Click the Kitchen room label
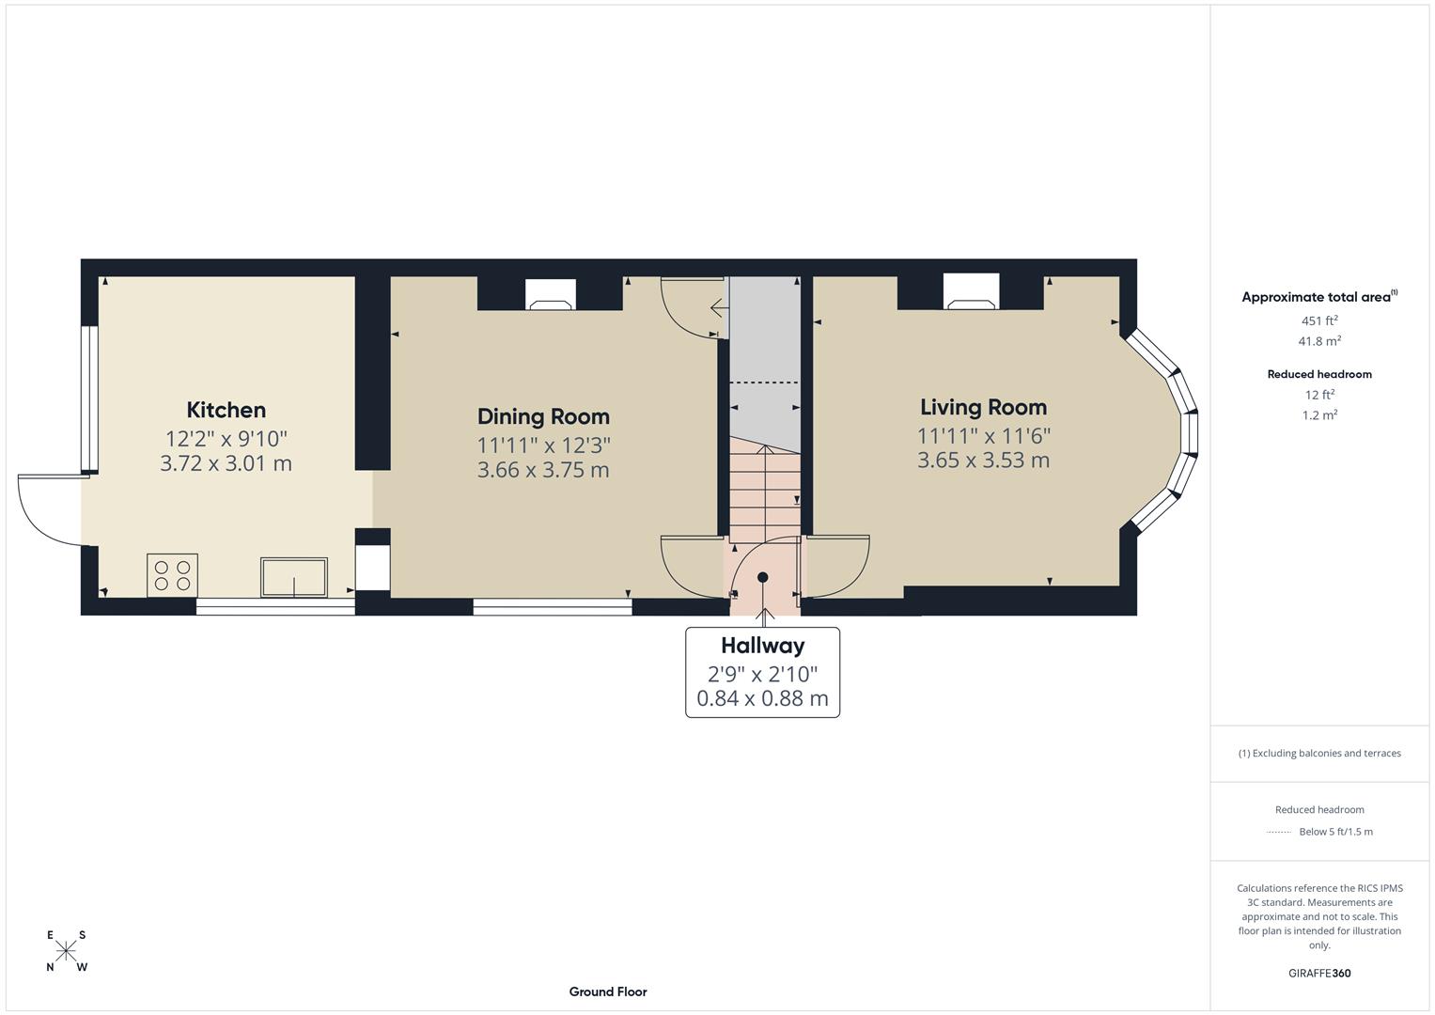pyautogui.click(x=226, y=410)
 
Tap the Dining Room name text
pyautogui.click(x=543, y=416)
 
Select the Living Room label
pyautogui.click(x=983, y=407)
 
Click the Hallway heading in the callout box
pyautogui.click(x=762, y=646)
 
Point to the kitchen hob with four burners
pyautogui.click(x=172, y=575)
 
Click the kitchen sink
pyautogui.click(x=294, y=577)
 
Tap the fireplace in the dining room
pyautogui.click(x=550, y=296)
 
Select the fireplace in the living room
pyautogui.click(x=971, y=293)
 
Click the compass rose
pyautogui.click(x=66, y=951)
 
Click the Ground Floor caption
pyautogui.click(x=608, y=992)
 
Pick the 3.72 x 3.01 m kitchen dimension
pyautogui.click(x=226, y=463)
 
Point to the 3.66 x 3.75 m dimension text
pyautogui.click(x=543, y=470)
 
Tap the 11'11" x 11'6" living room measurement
pyautogui.click(x=983, y=435)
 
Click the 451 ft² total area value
pyautogui.click(x=1318, y=320)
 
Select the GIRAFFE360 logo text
pyautogui.click(x=1319, y=973)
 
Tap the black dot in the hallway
pyautogui.click(x=763, y=577)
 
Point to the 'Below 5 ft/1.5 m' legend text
pyautogui.click(x=1335, y=832)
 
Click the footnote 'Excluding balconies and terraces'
pyautogui.click(x=1319, y=753)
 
